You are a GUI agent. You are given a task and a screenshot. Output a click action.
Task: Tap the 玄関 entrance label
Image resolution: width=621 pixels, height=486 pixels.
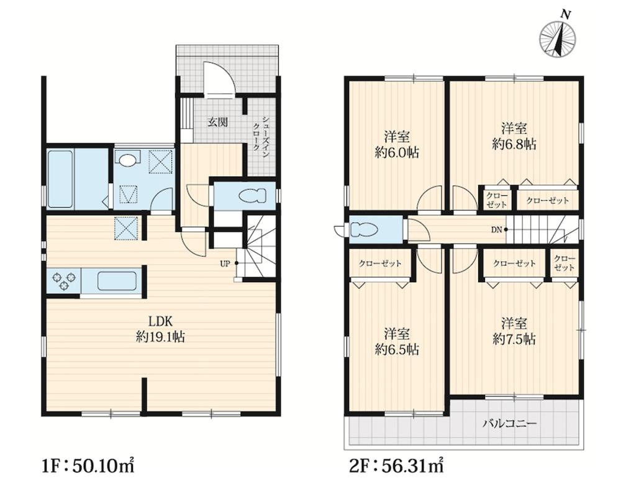218,122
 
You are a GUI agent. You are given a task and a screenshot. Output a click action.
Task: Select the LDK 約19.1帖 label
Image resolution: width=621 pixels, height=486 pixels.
160,329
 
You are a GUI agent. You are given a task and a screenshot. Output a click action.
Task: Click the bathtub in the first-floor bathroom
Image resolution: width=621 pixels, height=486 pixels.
61,178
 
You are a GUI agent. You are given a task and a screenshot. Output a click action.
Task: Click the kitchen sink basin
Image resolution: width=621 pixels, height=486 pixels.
117,281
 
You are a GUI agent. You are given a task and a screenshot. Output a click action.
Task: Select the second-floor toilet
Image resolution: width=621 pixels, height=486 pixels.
363,230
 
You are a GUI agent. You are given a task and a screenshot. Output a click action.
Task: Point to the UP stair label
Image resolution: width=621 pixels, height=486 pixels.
225,264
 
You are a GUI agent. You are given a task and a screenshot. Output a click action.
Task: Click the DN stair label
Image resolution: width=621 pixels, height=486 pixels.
497,229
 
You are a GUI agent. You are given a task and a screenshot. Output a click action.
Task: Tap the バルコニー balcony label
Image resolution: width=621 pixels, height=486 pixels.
509,424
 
